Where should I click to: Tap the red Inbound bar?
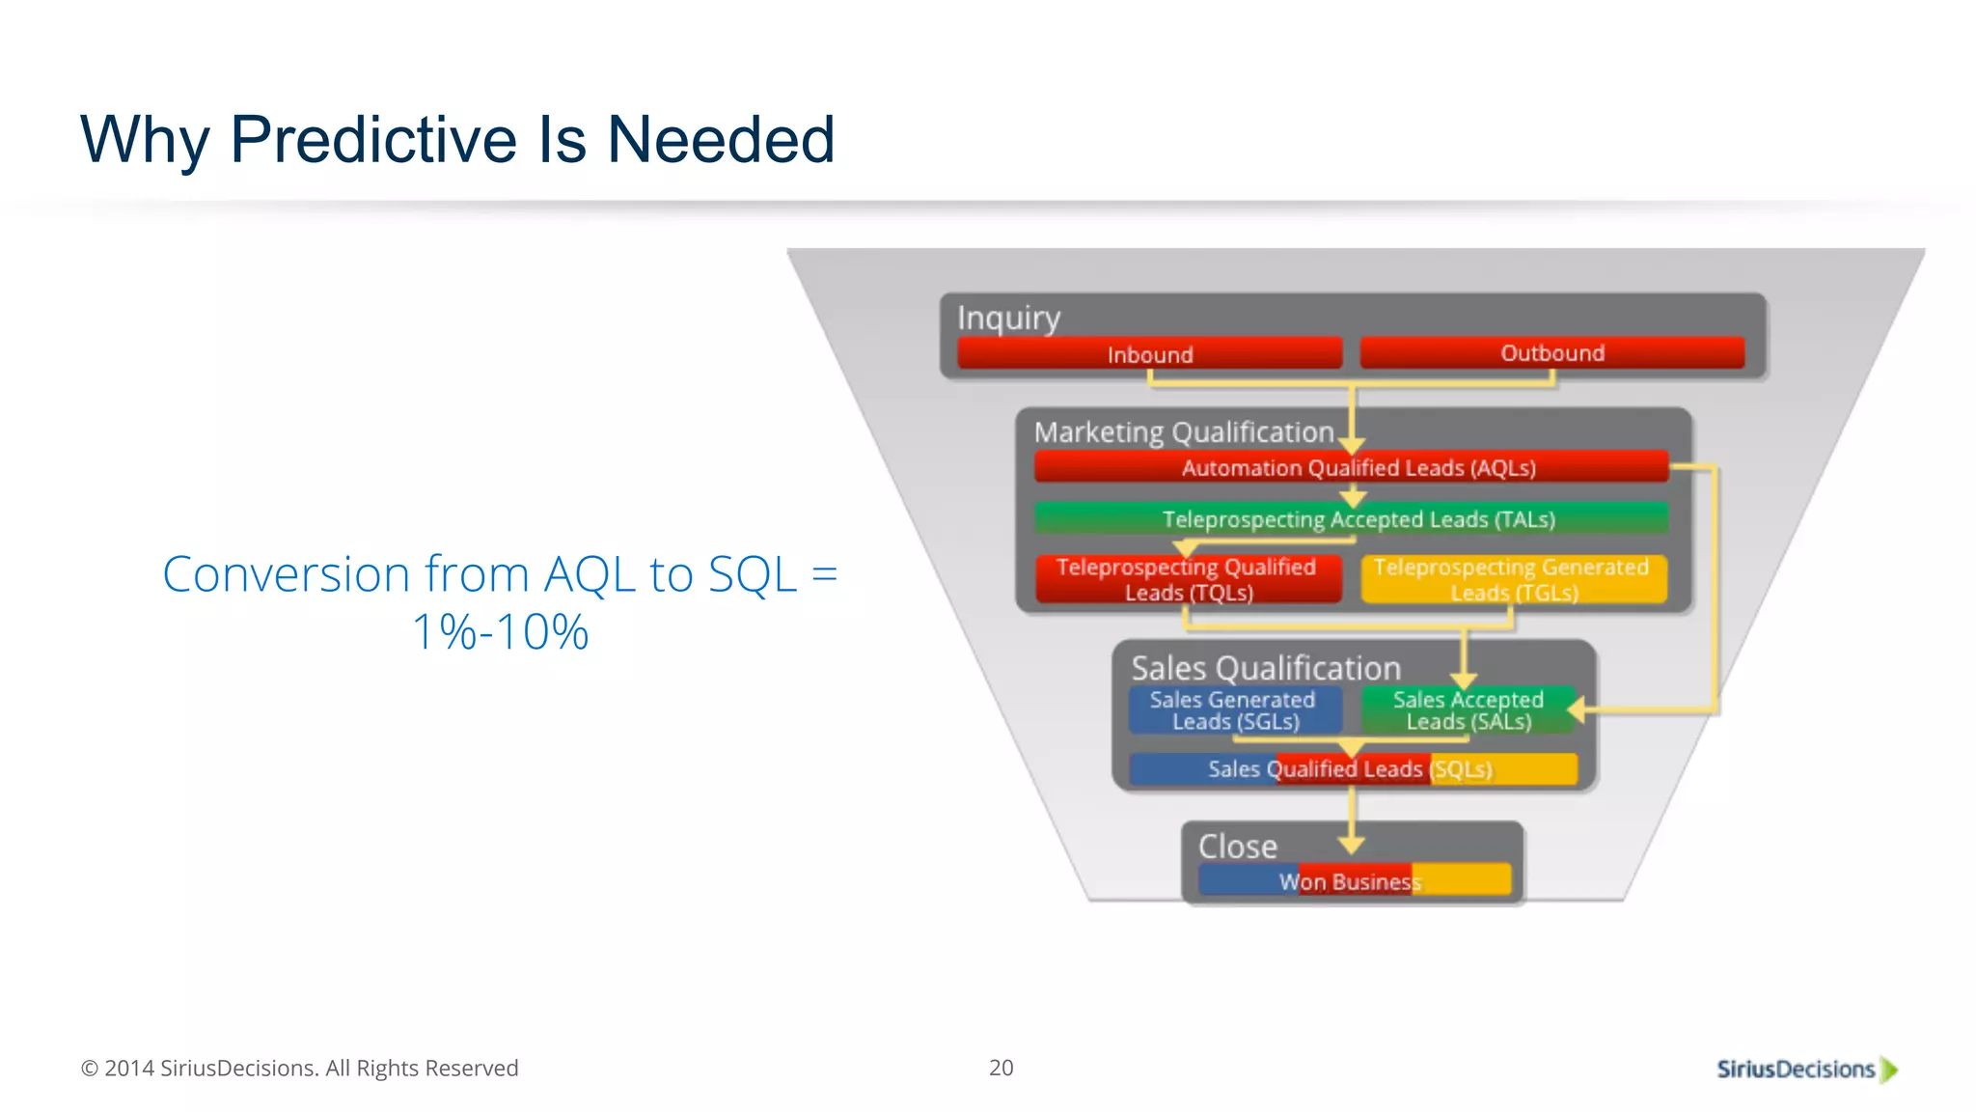point(1149,354)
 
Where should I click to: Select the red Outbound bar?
point(1551,353)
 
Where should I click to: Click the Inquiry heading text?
point(1008,318)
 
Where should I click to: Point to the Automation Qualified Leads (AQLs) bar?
point(1351,468)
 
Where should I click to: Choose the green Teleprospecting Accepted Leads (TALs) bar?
point(1351,519)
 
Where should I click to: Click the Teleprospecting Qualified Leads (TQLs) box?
point(1188,579)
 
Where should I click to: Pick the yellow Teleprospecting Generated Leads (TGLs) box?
point(1513,579)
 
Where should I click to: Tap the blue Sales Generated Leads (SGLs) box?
point(1234,710)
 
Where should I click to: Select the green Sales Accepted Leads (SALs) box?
point(1467,710)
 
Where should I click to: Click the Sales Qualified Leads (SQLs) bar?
point(1351,769)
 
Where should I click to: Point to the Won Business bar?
point(1351,881)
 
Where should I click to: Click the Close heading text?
point(1237,847)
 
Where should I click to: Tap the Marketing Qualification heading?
point(1183,432)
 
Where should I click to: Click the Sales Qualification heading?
point(1265,668)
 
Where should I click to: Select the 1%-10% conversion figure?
point(500,633)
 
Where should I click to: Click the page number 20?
point(1001,1068)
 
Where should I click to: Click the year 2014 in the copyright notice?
point(129,1069)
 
